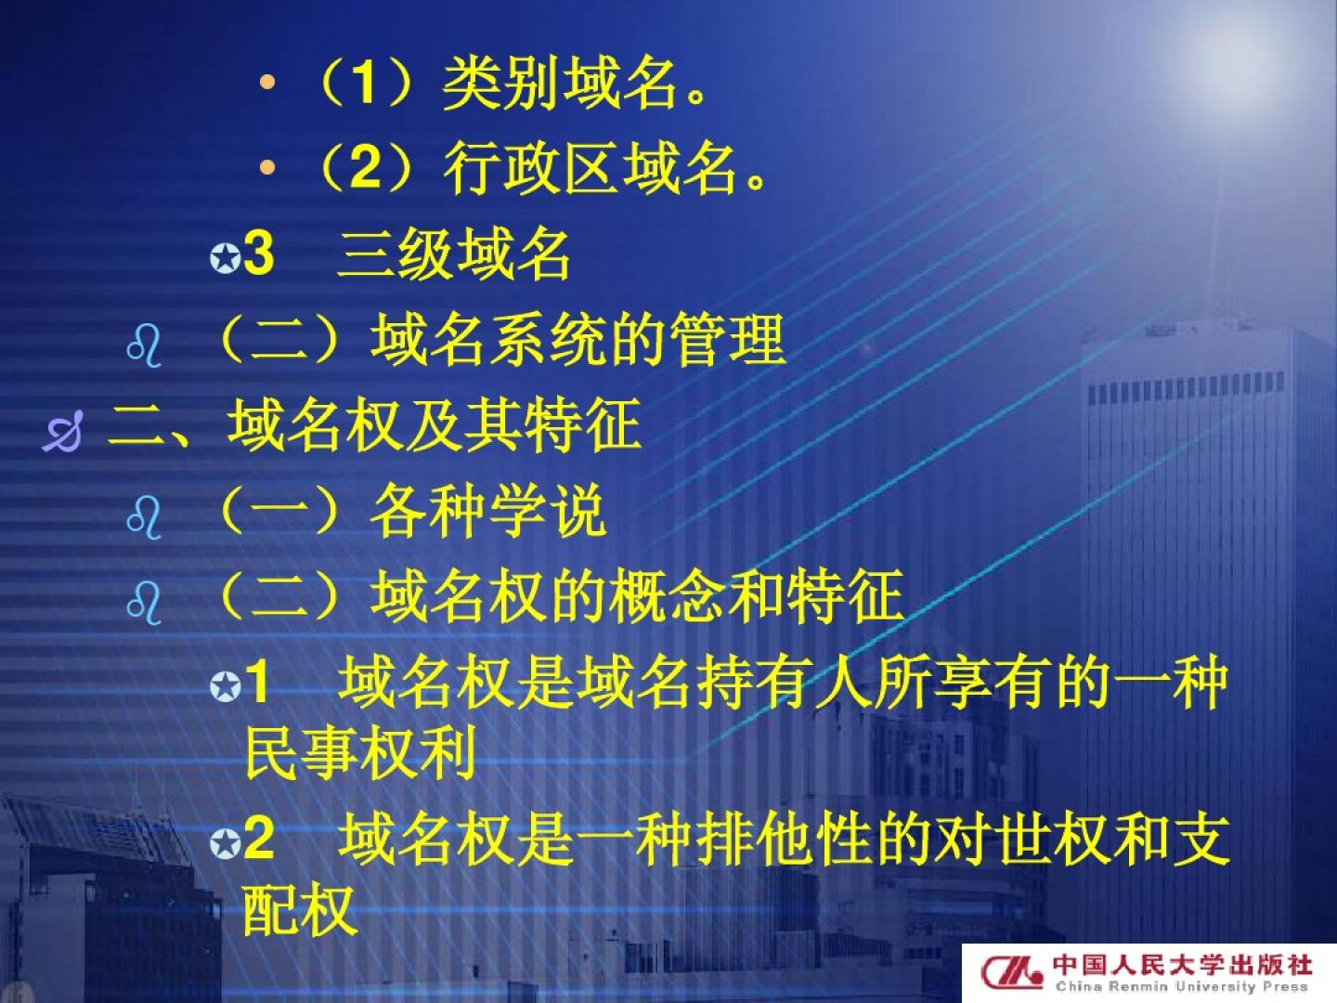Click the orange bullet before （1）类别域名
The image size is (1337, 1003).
pyautogui.click(x=266, y=83)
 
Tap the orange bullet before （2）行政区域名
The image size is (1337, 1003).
pyautogui.click(x=266, y=167)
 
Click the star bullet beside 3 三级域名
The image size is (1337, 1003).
pyautogui.click(x=225, y=258)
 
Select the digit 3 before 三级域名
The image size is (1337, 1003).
pyautogui.click(x=259, y=254)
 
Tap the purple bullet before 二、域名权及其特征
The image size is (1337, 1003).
pyautogui.click(x=62, y=431)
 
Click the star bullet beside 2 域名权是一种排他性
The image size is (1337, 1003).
pyautogui.click(x=225, y=845)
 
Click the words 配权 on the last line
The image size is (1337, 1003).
pyautogui.click(x=300, y=910)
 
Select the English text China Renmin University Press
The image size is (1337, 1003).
pyautogui.click(x=1182, y=986)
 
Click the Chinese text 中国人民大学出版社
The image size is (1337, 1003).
pyautogui.click(x=1182, y=964)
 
